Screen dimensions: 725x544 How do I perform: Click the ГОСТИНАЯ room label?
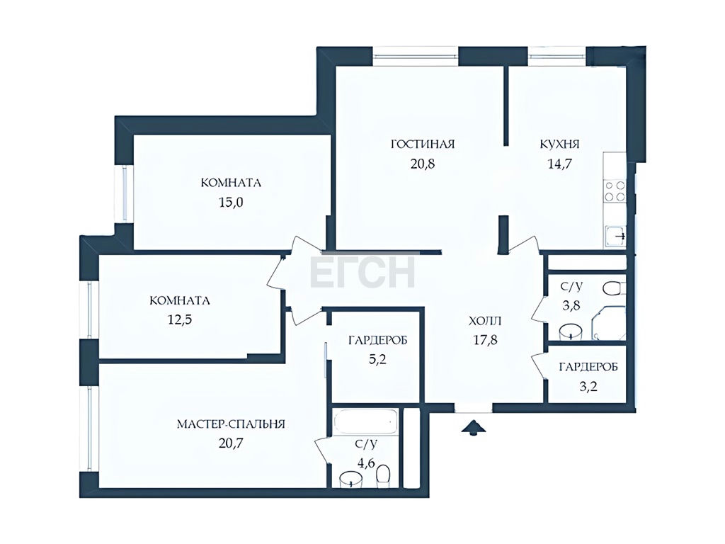click(423, 144)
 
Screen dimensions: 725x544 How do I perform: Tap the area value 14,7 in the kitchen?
click(559, 164)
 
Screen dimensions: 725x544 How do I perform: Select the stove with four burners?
click(615, 191)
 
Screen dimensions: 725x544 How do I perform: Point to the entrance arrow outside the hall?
click(473, 427)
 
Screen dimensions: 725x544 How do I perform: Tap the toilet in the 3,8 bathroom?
click(614, 289)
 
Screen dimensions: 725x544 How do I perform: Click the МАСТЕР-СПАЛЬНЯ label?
click(231, 424)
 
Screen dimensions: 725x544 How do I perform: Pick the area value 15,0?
click(232, 203)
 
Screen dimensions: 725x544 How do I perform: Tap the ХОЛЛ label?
click(485, 321)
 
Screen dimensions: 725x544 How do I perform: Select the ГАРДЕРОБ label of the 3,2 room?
click(588, 368)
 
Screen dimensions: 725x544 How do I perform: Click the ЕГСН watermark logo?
click(362, 273)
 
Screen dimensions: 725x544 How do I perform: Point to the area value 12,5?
click(179, 320)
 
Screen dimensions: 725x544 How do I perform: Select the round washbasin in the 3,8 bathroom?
click(570, 332)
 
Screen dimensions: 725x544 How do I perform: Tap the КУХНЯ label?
click(559, 144)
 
